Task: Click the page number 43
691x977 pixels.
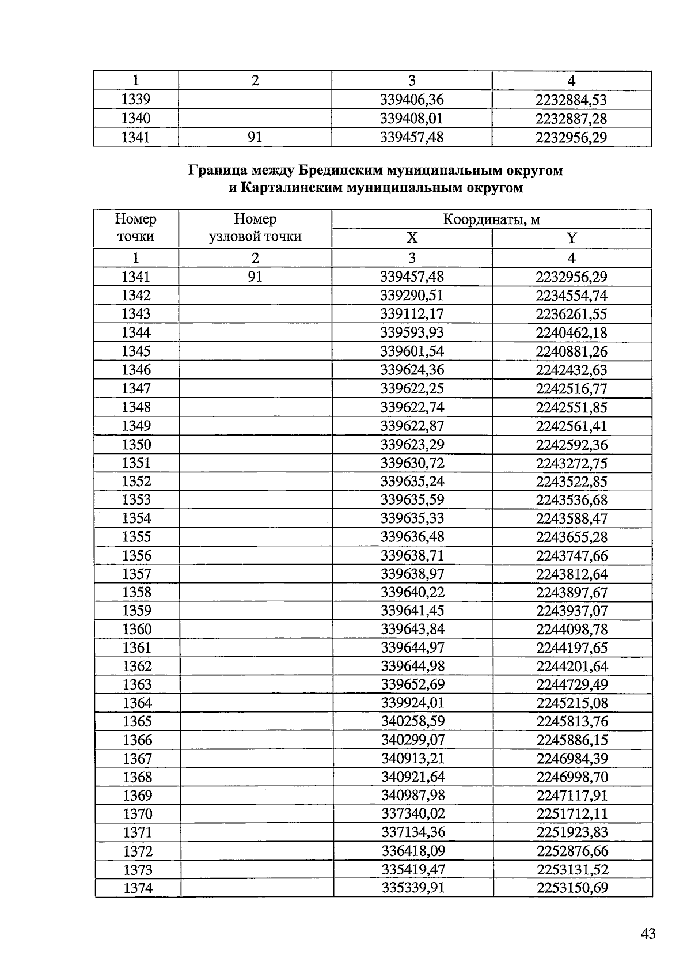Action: click(648, 934)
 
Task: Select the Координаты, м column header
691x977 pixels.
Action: click(491, 219)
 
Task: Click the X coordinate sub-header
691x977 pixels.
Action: click(412, 238)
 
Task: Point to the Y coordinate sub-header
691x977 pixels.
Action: click(571, 238)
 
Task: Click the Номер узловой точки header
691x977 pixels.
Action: click(255, 228)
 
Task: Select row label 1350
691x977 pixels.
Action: click(136, 445)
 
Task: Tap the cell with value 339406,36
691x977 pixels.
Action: click(412, 100)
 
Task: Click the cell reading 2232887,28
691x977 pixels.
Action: click(571, 119)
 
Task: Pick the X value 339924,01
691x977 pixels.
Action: click(412, 703)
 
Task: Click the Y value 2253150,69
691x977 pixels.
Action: click(572, 888)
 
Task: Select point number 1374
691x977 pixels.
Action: click(138, 888)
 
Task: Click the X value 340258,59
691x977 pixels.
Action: click(412, 721)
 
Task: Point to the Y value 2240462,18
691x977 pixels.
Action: click(571, 332)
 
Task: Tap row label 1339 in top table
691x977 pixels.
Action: click(136, 100)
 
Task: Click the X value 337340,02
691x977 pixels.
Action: click(413, 813)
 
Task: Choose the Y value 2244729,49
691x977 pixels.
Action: click(572, 684)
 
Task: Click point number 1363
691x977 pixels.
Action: click(137, 684)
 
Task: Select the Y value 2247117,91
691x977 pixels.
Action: click(572, 795)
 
